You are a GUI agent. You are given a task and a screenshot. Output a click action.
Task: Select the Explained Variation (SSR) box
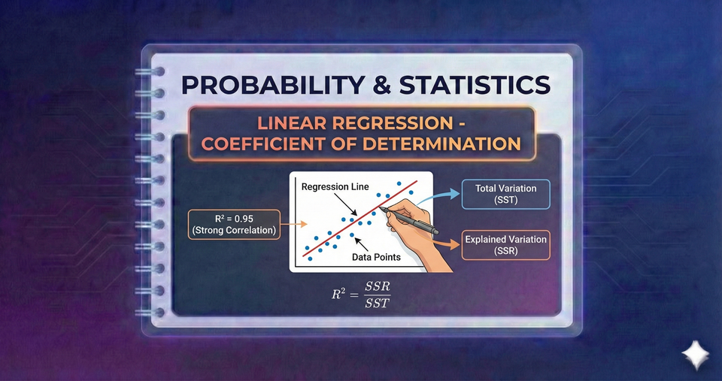[506, 245]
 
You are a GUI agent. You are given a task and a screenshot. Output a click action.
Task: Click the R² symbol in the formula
[339, 296]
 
